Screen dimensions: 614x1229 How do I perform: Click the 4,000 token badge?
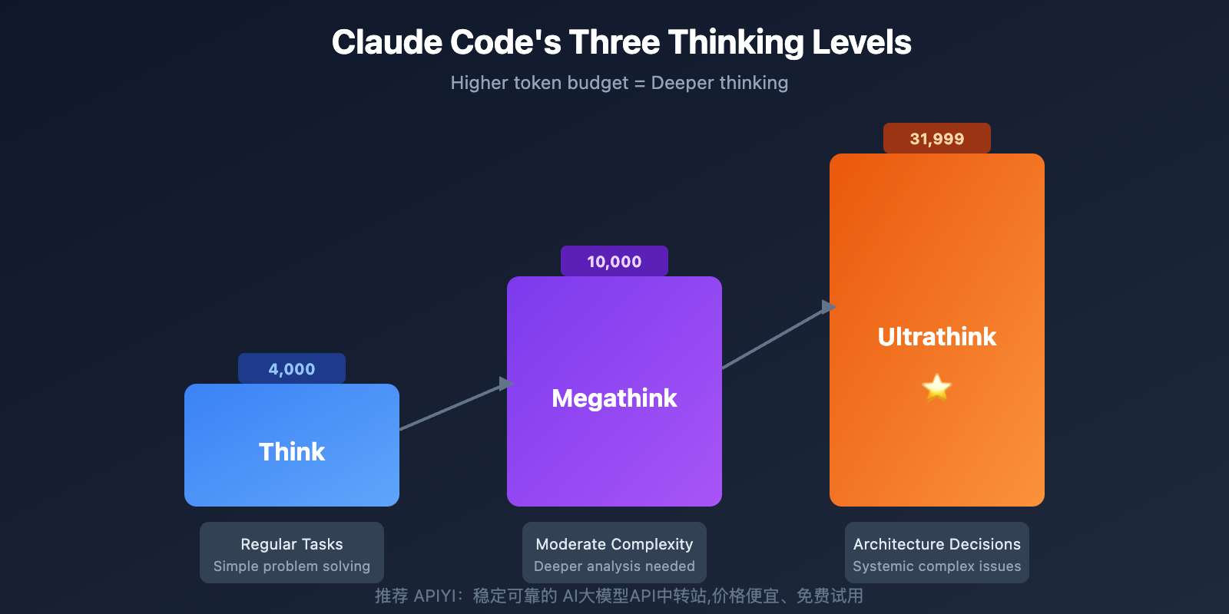tap(292, 369)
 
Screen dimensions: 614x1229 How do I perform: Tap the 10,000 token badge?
tap(614, 262)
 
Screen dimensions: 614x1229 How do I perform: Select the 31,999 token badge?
tap(937, 139)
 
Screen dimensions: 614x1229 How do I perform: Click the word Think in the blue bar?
tap(292, 451)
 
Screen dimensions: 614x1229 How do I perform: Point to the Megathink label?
tap(614, 398)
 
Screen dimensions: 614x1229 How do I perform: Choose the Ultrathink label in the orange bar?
tap(937, 337)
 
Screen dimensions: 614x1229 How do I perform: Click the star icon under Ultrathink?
tap(937, 387)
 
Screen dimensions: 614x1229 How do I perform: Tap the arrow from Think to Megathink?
tap(453, 406)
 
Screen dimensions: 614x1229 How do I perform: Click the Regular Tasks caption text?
tap(292, 544)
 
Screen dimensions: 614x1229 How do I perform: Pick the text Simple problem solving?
tap(292, 566)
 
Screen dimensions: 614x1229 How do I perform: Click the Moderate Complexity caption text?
tap(614, 544)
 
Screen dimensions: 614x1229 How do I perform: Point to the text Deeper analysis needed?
tap(614, 566)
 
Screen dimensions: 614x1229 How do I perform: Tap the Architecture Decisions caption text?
tap(937, 544)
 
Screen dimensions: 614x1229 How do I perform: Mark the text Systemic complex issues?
tap(937, 566)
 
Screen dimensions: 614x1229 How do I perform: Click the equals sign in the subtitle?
tap(640, 84)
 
